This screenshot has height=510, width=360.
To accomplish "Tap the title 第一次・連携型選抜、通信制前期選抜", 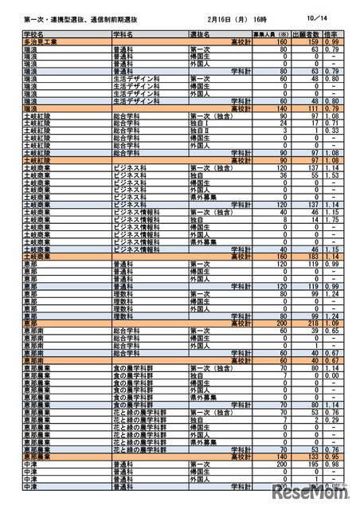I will (x=71, y=16).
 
